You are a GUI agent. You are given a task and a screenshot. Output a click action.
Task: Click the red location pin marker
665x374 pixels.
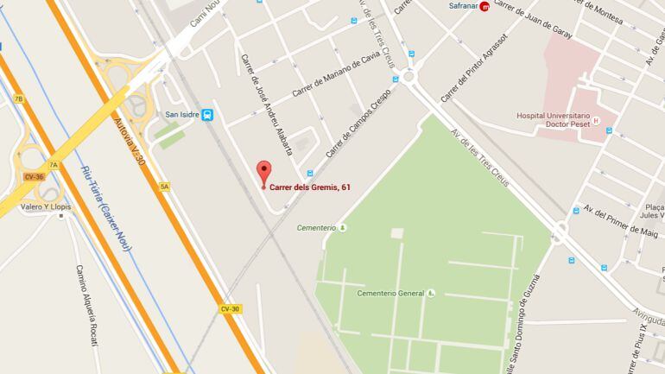coord(264,170)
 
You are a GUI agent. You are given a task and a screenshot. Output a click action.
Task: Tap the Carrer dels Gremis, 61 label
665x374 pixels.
coord(309,187)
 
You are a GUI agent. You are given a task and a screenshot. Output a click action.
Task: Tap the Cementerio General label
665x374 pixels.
coord(390,293)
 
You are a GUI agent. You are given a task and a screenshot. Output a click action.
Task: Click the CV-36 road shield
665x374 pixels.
coord(34,177)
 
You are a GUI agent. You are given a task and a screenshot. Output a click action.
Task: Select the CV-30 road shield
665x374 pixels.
coord(230,308)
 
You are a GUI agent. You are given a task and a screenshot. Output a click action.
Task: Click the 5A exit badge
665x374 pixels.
coord(164,186)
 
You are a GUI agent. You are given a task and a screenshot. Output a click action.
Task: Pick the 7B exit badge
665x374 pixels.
coord(18,98)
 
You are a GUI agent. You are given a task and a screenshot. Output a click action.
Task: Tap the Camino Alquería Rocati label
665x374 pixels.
coord(90,307)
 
